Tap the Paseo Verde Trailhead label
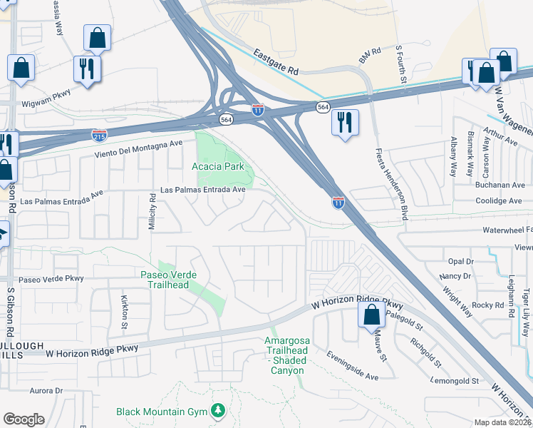click(x=169, y=280)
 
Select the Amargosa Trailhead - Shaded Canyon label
click(x=286, y=356)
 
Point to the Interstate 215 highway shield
click(x=99, y=133)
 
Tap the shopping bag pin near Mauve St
click(x=371, y=315)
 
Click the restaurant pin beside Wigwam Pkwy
click(x=88, y=68)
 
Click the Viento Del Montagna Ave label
click(x=139, y=148)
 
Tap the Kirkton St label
click(x=124, y=306)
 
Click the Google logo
click(x=24, y=419)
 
